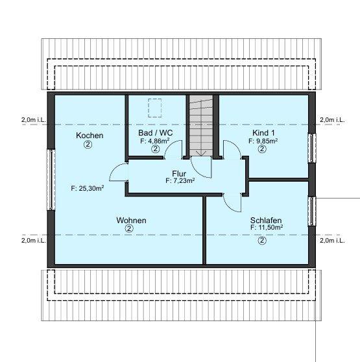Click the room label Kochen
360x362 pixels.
pyautogui.click(x=90, y=136)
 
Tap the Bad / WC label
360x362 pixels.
pyautogui.click(x=156, y=132)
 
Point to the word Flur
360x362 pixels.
pyautogui.click(x=180, y=173)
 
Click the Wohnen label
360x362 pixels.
pyautogui.click(x=131, y=221)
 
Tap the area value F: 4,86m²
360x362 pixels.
pyautogui.click(x=156, y=140)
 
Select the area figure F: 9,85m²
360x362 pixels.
pyautogui.click(x=263, y=140)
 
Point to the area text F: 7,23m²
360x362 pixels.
pyautogui.click(x=180, y=181)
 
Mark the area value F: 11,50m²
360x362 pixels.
pyautogui.click(x=263, y=229)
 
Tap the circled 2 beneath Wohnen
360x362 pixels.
pyautogui.click(x=129, y=229)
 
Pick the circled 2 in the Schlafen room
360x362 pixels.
pyautogui.click(x=262, y=240)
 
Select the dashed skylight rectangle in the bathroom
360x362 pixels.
pyautogui.click(x=156, y=106)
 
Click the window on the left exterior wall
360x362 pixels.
pyautogui.click(x=50, y=180)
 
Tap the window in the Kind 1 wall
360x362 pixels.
pyautogui.click(x=311, y=148)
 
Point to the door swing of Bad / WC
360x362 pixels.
pyautogui.click(x=173, y=150)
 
